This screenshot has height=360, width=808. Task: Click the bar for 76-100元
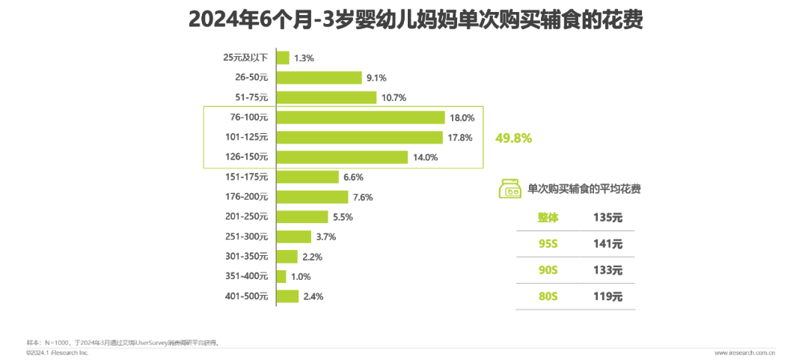click(361, 118)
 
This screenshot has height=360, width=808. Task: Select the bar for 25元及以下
click(283, 58)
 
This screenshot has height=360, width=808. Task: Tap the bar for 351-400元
click(281, 277)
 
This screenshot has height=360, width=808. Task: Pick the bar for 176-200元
click(313, 197)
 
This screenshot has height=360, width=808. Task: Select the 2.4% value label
click(313, 297)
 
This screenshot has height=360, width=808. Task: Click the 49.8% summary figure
click(513, 138)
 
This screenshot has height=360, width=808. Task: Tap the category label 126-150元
click(246, 157)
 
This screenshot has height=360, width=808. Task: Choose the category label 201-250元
click(246, 217)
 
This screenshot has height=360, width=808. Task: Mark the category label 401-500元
click(246, 297)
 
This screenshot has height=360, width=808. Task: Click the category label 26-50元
click(251, 77)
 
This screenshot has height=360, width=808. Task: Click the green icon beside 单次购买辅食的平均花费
click(510, 189)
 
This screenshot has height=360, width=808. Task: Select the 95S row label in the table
click(548, 244)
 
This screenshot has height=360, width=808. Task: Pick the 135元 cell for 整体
click(607, 218)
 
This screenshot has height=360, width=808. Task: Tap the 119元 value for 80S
click(607, 296)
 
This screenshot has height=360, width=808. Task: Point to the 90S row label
click(548, 270)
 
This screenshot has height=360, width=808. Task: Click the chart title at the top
click(404, 19)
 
